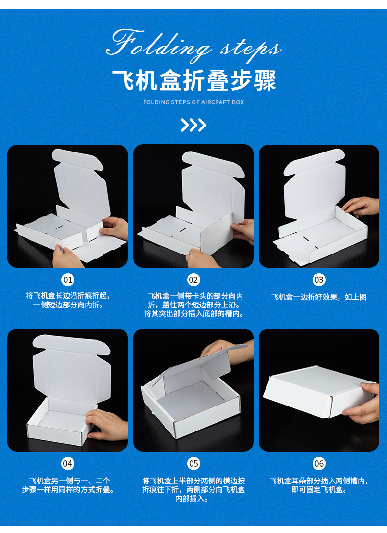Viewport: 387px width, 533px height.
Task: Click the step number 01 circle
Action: [x=68, y=280]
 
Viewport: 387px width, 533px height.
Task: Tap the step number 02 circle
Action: [x=193, y=280]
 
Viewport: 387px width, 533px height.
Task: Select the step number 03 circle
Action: [x=319, y=280]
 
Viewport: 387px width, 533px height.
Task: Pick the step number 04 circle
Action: [x=68, y=463]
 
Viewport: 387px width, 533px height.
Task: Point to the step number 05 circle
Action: [x=193, y=463]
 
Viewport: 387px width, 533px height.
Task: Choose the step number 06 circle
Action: [x=319, y=463]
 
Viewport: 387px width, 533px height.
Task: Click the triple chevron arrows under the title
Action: [x=193, y=125]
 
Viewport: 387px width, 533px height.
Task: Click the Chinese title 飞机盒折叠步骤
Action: [x=193, y=80]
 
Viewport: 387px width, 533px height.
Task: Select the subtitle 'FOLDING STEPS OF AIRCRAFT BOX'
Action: [x=193, y=102]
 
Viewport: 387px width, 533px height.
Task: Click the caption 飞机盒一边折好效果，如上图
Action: [x=319, y=297]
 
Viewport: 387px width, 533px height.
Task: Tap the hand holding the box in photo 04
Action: [x=105, y=424]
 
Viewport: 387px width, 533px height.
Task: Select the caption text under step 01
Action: [x=68, y=300]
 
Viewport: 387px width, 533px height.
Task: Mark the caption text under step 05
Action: [x=193, y=489]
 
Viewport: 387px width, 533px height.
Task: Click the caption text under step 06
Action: [x=319, y=485]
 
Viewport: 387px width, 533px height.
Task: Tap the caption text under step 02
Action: [x=193, y=305]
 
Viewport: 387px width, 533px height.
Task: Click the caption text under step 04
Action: [x=68, y=485]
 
